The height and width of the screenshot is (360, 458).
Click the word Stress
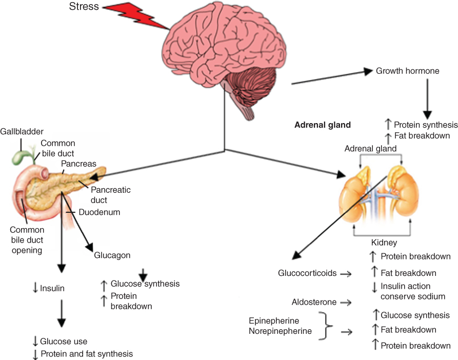[x=85, y=8]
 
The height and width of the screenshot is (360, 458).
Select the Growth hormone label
[x=408, y=71]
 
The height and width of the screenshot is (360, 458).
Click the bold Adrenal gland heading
[x=322, y=125]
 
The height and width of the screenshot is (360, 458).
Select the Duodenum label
[x=99, y=212]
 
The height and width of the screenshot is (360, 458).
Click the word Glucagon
[x=112, y=255]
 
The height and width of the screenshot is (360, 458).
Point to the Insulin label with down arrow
[x=49, y=289]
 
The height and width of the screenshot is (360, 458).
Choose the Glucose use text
[x=64, y=342]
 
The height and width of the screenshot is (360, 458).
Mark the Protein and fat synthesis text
[x=86, y=354]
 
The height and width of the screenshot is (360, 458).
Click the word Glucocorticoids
[x=307, y=273]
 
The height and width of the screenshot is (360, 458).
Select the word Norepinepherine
[x=280, y=331]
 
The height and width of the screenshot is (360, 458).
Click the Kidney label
[x=384, y=242]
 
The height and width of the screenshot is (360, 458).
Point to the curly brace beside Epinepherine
[x=323, y=326]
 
